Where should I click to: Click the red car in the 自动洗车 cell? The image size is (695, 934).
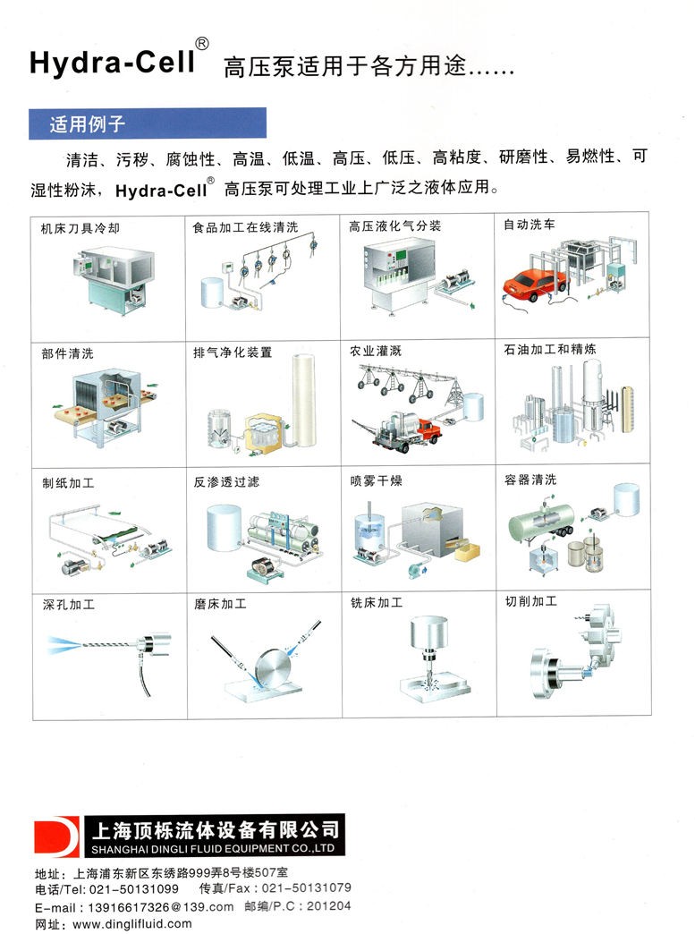pos(530,286)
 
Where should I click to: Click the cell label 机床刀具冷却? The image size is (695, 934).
pos(80,228)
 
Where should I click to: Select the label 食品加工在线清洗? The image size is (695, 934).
pos(245,227)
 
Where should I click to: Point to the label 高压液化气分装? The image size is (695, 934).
pos(394,225)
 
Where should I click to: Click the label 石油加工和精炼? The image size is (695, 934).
pos(550,349)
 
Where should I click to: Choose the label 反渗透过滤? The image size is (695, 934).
pos(226,482)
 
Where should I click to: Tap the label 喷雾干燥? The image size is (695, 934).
pos(376,480)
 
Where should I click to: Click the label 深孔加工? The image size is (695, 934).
pos(69,605)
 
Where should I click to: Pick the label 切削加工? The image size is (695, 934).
pos(531,601)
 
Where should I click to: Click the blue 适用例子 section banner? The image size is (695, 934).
pos(148,123)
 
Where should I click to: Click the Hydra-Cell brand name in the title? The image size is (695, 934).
pos(113,62)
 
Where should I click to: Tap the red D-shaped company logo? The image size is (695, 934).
pos(56,836)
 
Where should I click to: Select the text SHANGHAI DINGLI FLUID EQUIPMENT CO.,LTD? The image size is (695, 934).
pos(213,848)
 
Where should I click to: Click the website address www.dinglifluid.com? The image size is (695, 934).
pos(132,924)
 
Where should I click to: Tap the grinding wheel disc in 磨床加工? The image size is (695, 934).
pos(273,667)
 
